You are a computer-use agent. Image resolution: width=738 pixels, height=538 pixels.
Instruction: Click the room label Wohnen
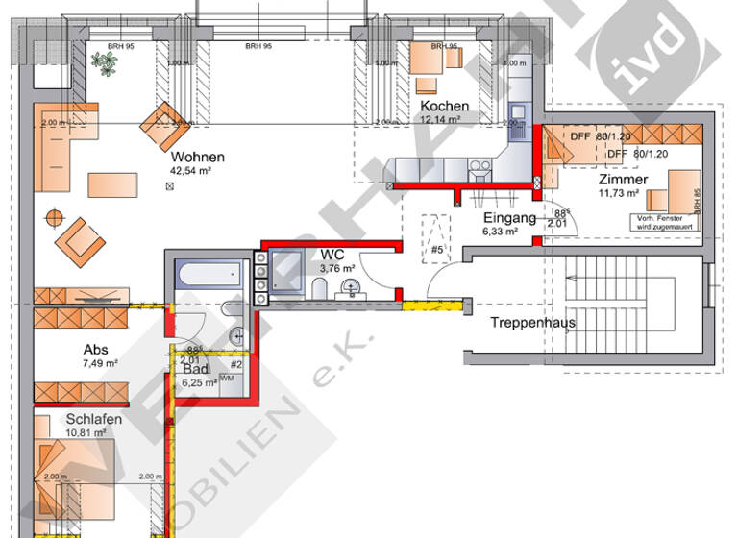tap(198, 158)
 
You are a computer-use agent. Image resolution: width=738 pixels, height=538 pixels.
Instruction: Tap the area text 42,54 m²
tap(190, 171)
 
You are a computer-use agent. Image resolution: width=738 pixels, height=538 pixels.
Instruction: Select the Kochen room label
tap(444, 106)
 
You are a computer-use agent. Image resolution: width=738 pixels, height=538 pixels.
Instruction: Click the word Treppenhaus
tap(532, 323)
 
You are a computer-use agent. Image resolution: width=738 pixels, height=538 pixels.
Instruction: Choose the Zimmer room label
tap(623, 180)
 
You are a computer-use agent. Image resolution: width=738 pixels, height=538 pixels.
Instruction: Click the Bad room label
tap(196, 369)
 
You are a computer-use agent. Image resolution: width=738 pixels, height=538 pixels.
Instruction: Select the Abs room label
tap(95, 350)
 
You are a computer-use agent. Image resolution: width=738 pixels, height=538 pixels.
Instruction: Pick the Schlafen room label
tap(93, 419)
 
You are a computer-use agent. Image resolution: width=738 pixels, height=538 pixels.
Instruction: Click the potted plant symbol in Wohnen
tap(101, 61)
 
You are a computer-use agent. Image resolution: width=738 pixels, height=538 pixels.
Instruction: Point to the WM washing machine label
tap(227, 379)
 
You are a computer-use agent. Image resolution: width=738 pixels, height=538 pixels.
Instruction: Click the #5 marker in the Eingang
tap(437, 252)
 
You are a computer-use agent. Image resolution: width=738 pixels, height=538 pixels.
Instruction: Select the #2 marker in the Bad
tap(235, 365)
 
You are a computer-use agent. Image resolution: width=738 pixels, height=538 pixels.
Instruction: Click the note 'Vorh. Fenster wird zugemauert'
tap(671, 222)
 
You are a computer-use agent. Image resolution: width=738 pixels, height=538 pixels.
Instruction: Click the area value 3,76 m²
tap(336, 269)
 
